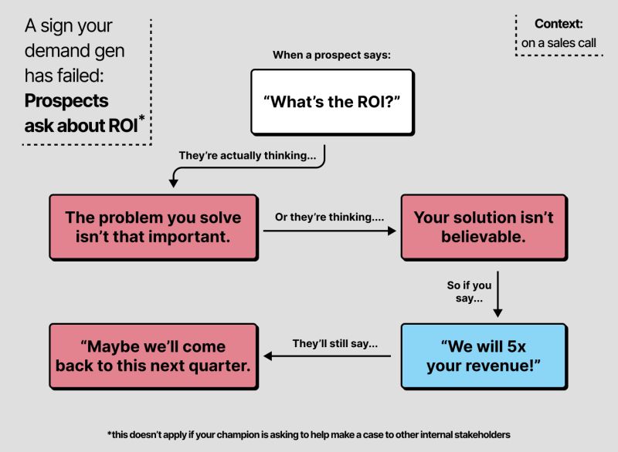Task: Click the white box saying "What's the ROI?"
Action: click(331, 102)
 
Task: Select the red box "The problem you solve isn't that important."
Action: click(152, 227)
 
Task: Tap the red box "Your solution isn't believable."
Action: click(483, 227)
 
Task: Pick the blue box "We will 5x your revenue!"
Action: click(483, 356)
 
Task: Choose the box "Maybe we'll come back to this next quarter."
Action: click(152, 356)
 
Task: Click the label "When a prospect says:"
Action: click(331, 56)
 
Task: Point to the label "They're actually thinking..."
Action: click(247, 155)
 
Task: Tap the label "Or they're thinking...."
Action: click(330, 218)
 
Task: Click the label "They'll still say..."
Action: click(334, 343)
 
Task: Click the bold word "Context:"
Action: click(559, 24)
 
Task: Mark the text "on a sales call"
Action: click(559, 43)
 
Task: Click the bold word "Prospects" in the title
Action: click(66, 100)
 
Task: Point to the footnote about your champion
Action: click(309, 434)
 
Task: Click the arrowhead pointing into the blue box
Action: click(497, 312)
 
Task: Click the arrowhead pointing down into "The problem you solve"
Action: click(173, 183)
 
